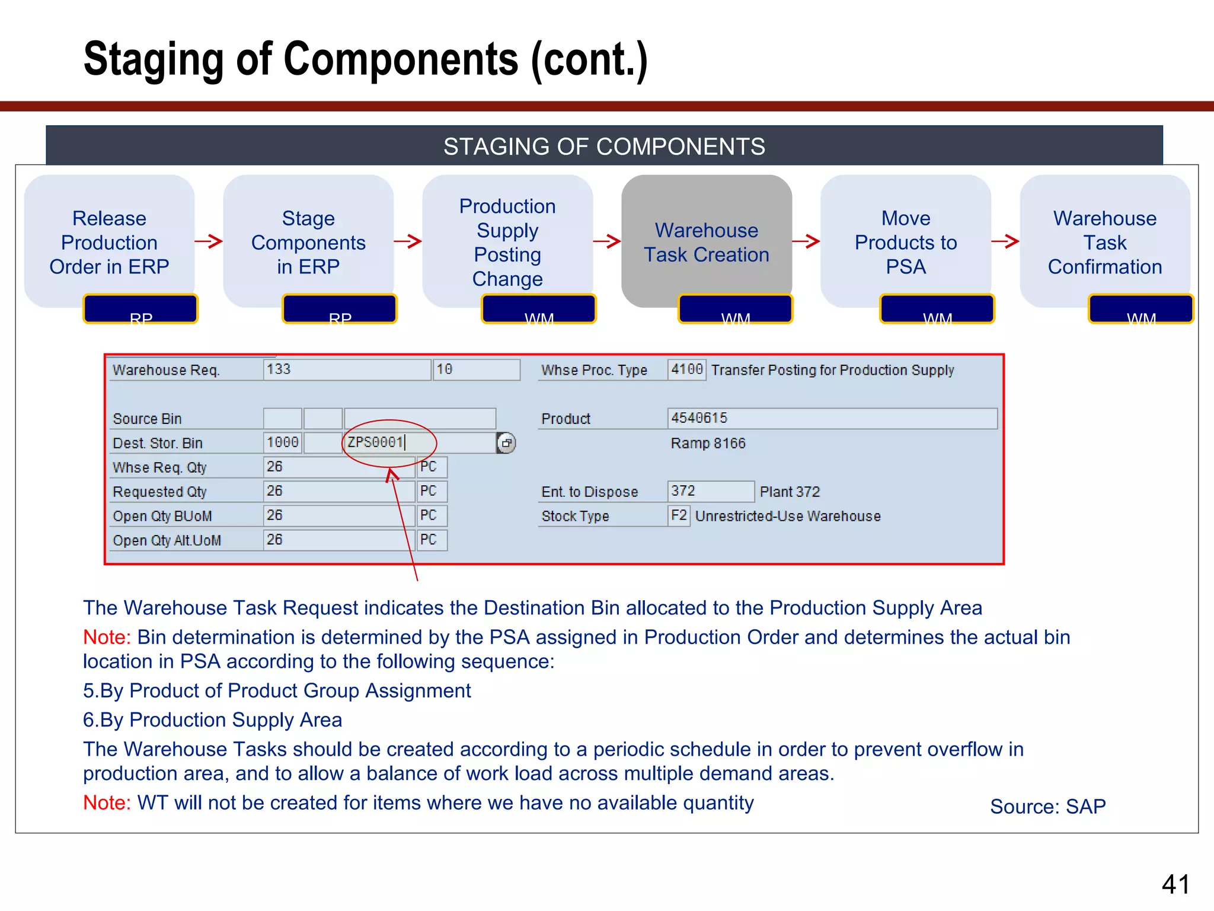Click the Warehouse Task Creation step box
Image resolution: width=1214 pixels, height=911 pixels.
[x=706, y=241]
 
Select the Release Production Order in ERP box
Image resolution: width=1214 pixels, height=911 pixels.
[x=109, y=241]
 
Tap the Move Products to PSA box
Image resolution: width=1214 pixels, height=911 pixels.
[x=905, y=241]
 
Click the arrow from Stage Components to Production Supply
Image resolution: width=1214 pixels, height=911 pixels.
[x=408, y=241]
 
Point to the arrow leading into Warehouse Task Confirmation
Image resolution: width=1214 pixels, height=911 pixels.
[x=1005, y=241]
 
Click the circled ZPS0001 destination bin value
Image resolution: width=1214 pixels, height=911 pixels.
[x=375, y=442]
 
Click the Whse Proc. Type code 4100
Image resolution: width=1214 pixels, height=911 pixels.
[x=686, y=370]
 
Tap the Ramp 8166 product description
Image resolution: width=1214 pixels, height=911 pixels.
[x=708, y=443]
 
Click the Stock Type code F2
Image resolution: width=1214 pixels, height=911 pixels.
[x=679, y=515]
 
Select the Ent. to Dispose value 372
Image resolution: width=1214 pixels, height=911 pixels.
[x=683, y=491]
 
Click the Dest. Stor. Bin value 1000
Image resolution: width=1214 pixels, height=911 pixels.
[x=282, y=442]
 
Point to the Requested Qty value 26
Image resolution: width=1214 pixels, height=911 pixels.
[x=274, y=491]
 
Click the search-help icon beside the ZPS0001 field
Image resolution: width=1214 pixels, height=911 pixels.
[x=506, y=443]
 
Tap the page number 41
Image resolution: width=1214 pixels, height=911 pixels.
[x=1175, y=884]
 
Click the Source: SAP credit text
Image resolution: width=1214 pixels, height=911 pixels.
[x=1047, y=807]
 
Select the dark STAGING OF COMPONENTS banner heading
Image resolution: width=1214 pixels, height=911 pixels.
[x=604, y=146]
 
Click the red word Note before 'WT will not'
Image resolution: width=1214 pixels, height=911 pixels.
[x=106, y=802]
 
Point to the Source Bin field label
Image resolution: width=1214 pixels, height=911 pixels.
[x=147, y=419]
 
